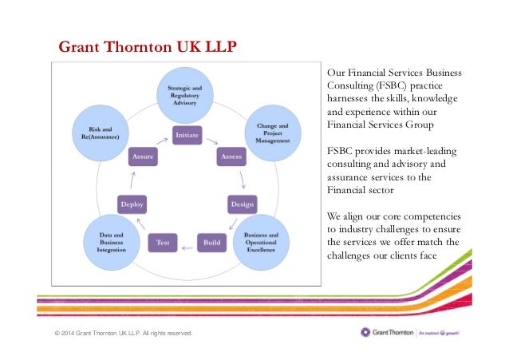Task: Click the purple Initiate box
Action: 187,135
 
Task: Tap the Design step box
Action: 242,204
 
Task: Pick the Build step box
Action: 211,239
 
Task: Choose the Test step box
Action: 162,239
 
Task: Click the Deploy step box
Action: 132,204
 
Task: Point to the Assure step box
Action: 144,158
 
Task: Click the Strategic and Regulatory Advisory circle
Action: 188,93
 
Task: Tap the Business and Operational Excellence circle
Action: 261,241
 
